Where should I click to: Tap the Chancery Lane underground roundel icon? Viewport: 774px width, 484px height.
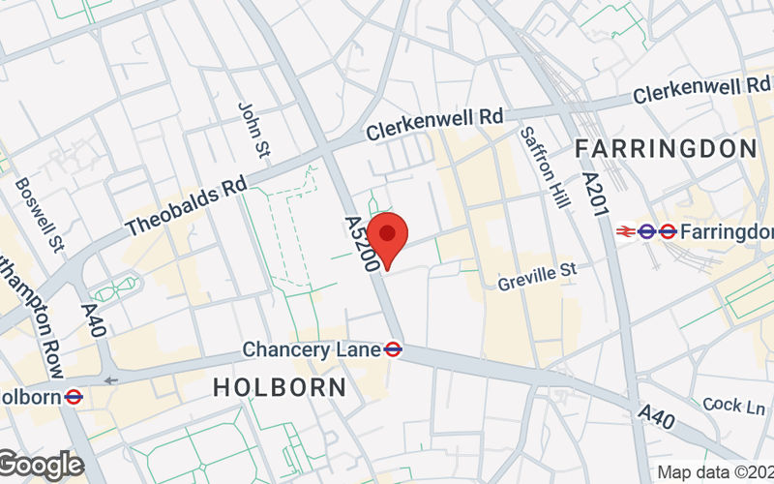(393, 348)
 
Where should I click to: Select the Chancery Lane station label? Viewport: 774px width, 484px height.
(312, 348)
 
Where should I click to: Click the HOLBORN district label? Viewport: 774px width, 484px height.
(279, 387)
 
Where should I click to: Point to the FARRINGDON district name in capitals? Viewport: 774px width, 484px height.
(666, 148)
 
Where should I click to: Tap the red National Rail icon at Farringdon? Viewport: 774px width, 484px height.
(625, 231)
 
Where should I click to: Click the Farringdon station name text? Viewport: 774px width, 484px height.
(728, 232)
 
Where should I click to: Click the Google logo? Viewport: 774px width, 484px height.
(41, 466)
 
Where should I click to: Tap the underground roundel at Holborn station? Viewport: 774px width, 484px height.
(74, 396)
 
